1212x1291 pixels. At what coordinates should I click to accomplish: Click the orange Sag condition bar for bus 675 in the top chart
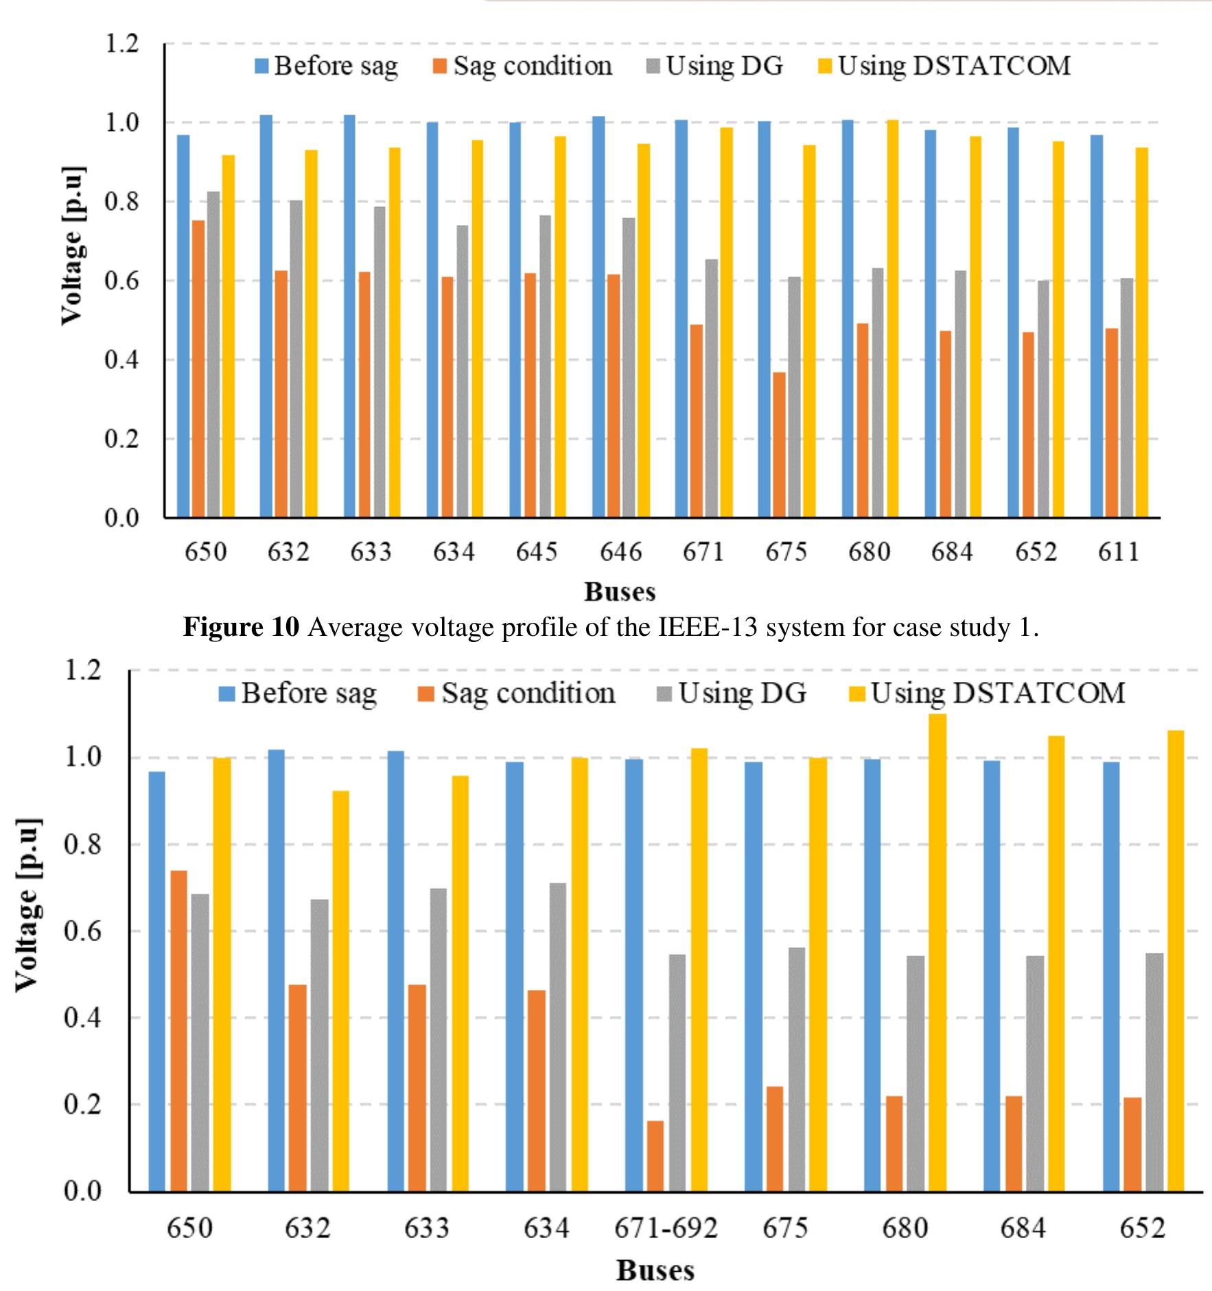click(x=779, y=445)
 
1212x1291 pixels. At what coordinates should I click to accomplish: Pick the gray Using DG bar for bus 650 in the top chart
click(x=213, y=354)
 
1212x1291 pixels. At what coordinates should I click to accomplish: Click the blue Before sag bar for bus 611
click(x=1096, y=326)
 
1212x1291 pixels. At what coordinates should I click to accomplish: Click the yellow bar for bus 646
click(x=644, y=330)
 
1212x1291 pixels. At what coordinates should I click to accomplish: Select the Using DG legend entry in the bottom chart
click(x=732, y=694)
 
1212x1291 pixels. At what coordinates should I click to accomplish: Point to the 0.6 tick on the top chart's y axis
click(x=121, y=281)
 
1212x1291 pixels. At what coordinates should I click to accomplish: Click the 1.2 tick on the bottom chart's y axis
click(x=82, y=670)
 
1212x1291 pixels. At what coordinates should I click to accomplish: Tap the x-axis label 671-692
click(x=665, y=1227)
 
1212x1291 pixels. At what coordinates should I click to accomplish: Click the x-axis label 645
click(x=537, y=552)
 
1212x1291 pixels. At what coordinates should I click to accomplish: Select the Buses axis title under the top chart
click(x=619, y=591)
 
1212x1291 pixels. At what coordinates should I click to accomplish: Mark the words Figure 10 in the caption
click(x=241, y=627)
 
